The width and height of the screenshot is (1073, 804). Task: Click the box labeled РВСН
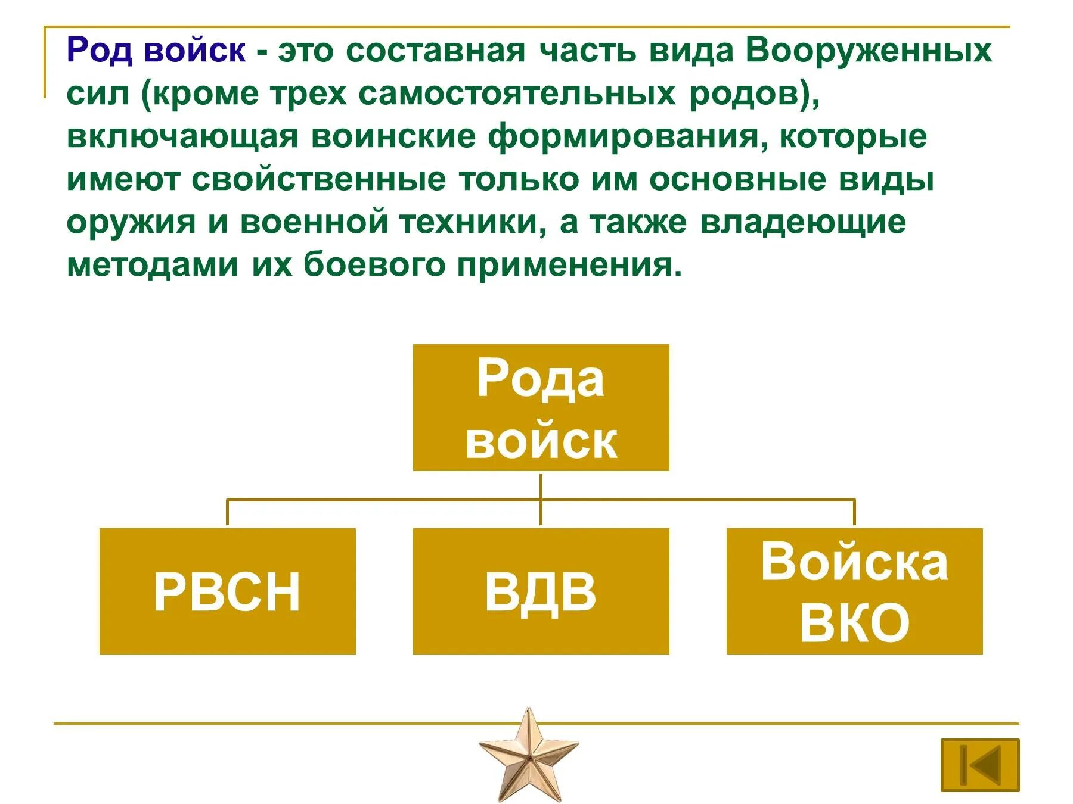(x=227, y=591)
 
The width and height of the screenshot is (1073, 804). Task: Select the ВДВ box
(x=541, y=591)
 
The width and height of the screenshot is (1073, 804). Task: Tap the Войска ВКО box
(x=854, y=591)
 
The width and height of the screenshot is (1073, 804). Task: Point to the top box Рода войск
(x=541, y=408)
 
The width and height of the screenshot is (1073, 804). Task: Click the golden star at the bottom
(x=528, y=753)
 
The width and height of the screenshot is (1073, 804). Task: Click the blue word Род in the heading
(x=99, y=50)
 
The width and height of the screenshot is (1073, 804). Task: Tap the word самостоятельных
(x=517, y=94)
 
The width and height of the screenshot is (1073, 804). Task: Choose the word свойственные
(x=319, y=180)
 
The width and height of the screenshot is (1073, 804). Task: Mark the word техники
(x=472, y=222)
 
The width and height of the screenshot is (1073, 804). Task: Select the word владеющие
(x=802, y=222)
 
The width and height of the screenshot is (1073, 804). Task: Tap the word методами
(x=152, y=265)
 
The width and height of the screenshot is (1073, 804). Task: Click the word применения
(x=569, y=265)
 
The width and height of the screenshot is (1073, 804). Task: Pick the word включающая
(x=182, y=137)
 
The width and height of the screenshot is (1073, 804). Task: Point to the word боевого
(x=374, y=265)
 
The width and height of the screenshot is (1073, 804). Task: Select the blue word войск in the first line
(x=194, y=50)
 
